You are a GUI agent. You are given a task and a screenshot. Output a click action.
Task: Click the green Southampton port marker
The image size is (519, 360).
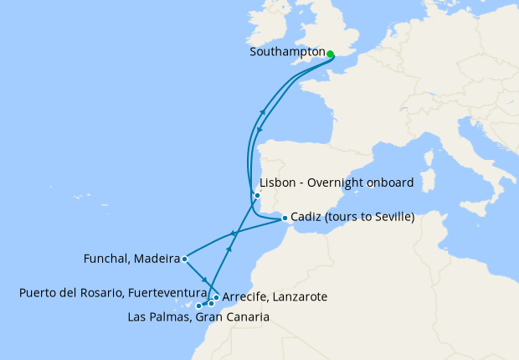pos(330,54)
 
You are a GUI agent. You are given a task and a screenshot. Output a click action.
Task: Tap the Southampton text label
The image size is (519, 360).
pos(286,52)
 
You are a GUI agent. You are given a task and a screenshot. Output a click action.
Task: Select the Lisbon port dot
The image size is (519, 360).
pos(257,196)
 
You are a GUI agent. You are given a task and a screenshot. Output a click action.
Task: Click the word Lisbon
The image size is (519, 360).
pos(278,183)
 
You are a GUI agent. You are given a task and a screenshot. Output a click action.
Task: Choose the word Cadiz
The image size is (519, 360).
pos(306,218)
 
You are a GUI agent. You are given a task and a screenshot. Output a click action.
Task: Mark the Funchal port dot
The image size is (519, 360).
pos(184,260)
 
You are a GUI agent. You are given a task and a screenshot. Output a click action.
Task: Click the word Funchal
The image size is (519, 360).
pos(105,259)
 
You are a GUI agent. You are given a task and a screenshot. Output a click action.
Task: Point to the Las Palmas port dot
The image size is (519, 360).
pos(198,306)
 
